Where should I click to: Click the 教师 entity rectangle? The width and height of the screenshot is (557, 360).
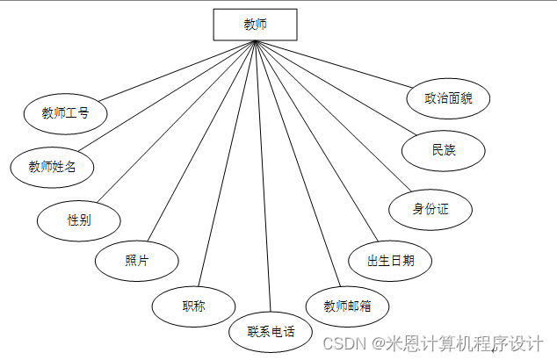(x=255, y=25)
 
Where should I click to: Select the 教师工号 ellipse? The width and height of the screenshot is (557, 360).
(x=65, y=112)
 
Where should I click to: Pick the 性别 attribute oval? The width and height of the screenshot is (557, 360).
(x=79, y=220)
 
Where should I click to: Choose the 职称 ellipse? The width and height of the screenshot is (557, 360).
(x=194, y=306)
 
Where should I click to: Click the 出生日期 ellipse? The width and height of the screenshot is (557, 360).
(x=386, y=260)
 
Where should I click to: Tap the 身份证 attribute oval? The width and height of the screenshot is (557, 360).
(x=430, y=209)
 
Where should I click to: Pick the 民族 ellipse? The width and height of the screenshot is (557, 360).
(x=444, y=150)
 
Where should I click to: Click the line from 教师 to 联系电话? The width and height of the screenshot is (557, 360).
(x=263, y=176)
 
